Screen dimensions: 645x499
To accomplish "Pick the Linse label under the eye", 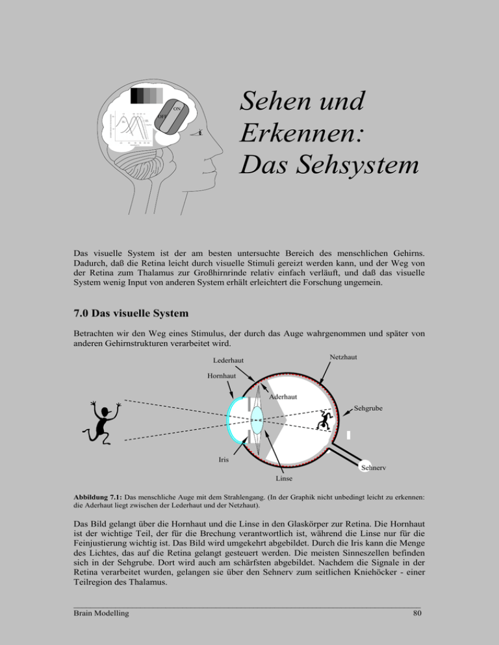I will [x=284, y=479].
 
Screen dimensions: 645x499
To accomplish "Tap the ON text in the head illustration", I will [x=177, y=107].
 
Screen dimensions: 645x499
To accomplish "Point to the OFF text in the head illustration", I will [x=163, y=117].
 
